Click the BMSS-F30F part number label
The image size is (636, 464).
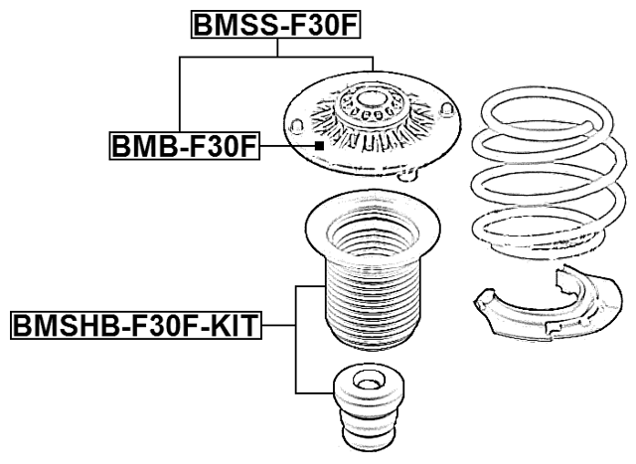(x=273, y=24)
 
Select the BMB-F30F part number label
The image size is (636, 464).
(x=183, y=147)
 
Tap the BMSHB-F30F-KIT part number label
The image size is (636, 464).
(x=135, y=323)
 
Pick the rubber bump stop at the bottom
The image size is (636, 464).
(x=367, y=407)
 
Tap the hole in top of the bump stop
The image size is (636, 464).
(x=367, y=381)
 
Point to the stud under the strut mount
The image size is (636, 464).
(x=408, y=177)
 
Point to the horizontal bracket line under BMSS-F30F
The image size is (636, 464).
(x=275, y=58)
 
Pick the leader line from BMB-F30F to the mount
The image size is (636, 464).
(x=287, y=147)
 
